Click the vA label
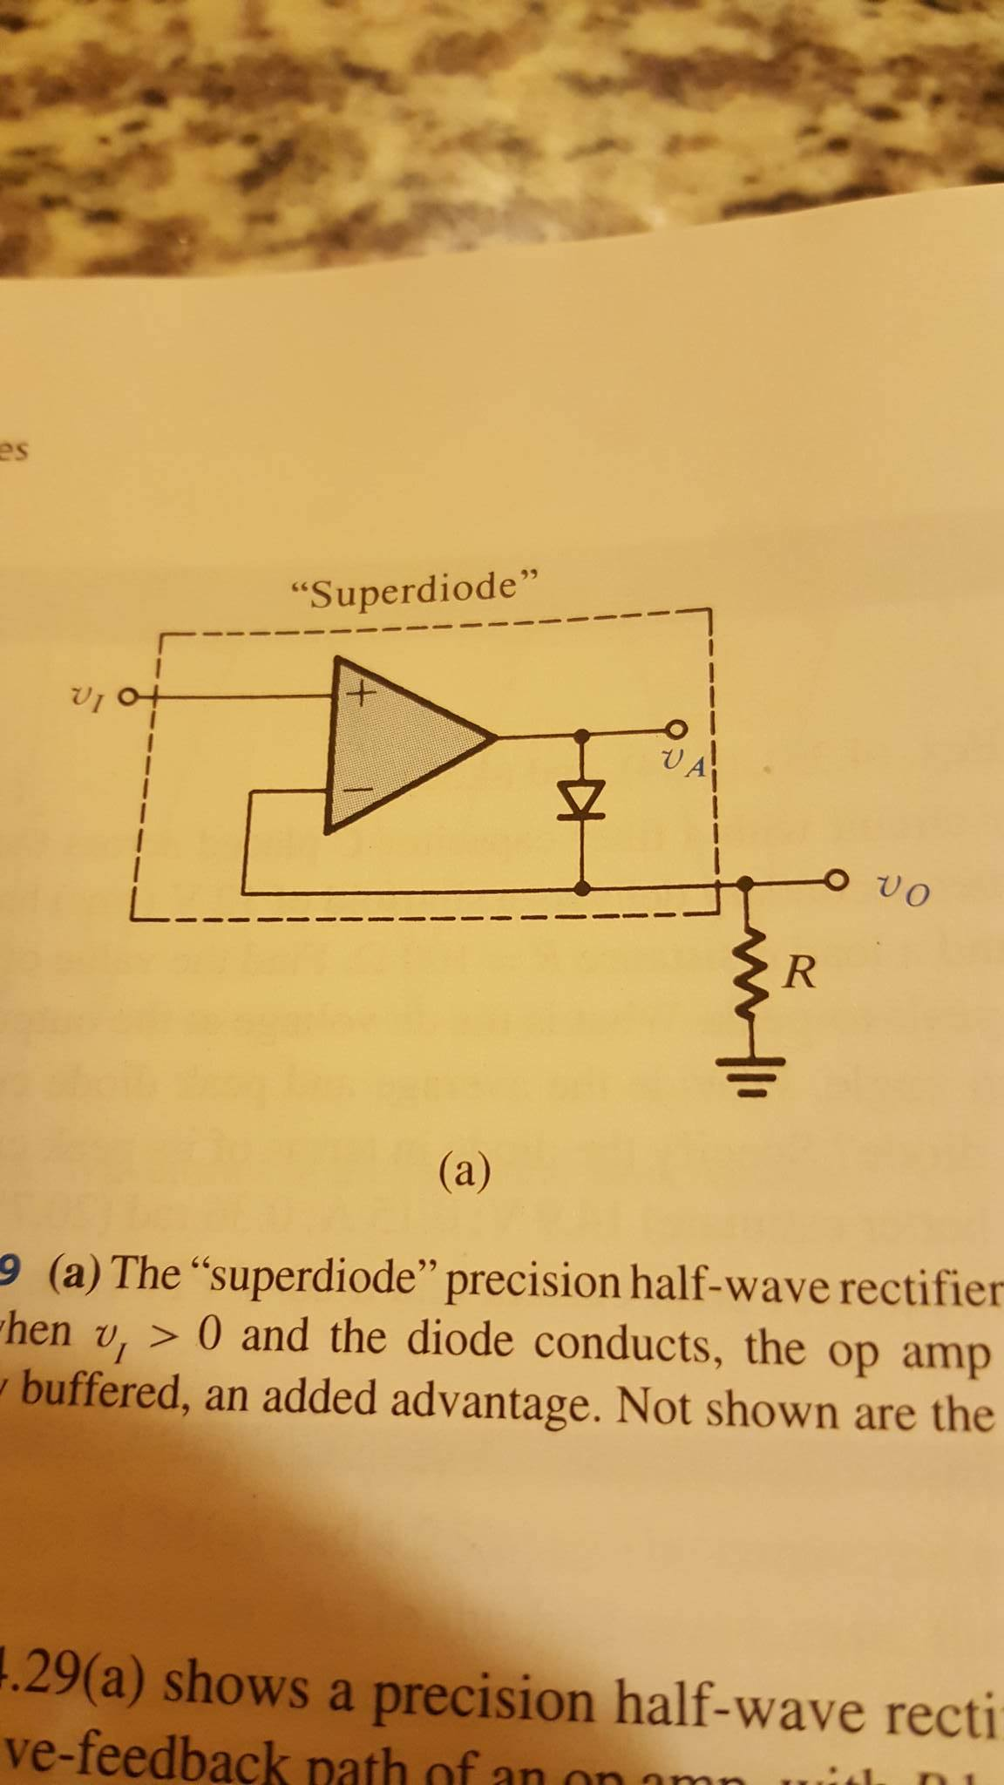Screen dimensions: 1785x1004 683,764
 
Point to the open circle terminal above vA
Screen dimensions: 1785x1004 678,729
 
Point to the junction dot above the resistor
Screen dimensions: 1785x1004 743,882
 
